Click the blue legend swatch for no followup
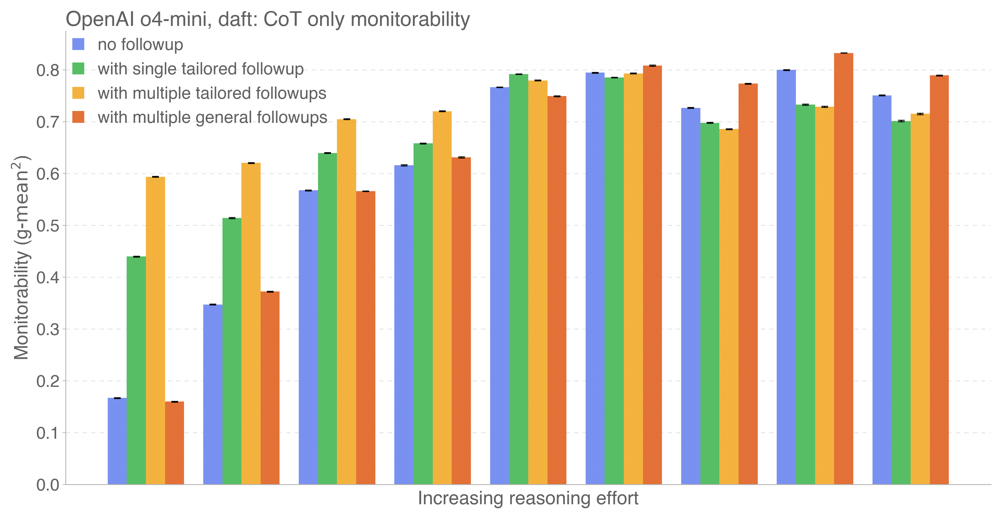tap(78, 44)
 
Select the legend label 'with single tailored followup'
tap(201, 69)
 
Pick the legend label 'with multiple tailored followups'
tap(212, 94)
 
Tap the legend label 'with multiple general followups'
tap(212, 118)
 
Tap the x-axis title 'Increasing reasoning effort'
tap(528, 498)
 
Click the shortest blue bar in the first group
tap(117, 441)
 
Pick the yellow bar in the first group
tap(155, 330)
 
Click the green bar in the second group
tap(232, 351)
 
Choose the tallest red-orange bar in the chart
tap(844, 268)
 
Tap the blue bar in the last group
tap(882, 290)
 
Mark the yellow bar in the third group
tap(347, 301)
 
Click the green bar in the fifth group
tap(519, 279)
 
